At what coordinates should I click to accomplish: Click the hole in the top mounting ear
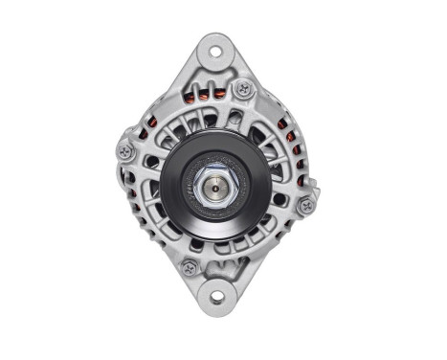click(213, 51)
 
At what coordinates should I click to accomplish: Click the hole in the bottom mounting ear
click(216, 296)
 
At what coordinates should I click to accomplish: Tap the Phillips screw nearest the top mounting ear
click(245, 90)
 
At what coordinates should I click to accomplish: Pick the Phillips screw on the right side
click(305, 205)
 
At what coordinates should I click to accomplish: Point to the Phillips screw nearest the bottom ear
click(190, 268)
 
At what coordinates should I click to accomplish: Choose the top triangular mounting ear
click(213, 57)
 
